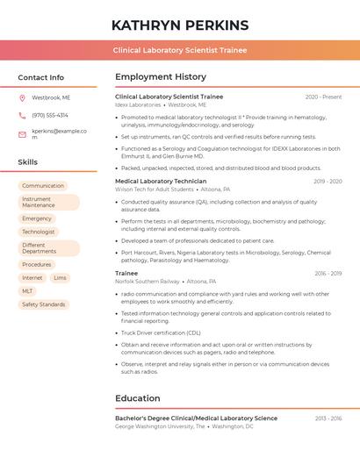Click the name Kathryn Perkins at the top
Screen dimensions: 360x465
(180, 25)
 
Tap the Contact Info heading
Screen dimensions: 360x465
(41, 77)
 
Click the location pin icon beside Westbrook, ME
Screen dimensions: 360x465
(22, 97)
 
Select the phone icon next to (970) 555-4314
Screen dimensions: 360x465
(22, 115)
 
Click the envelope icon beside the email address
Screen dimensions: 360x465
(22, 134)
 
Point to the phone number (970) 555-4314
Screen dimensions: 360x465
(50, 115)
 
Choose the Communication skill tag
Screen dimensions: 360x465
(43, 186)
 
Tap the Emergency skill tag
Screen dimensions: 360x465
(37, 218)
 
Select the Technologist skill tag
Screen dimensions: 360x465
(39, 232)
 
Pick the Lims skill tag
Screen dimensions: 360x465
(60, 277)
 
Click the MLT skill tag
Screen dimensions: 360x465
(27, 290)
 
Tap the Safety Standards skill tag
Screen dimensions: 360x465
(44, 304)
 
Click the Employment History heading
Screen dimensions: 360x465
(161, 77)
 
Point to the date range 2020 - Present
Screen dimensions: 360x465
(323, 97)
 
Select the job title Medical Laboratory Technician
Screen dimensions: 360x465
(161, 181)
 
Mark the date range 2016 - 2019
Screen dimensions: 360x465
(328, 273)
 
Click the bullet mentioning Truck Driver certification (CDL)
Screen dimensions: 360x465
(161, 333)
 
